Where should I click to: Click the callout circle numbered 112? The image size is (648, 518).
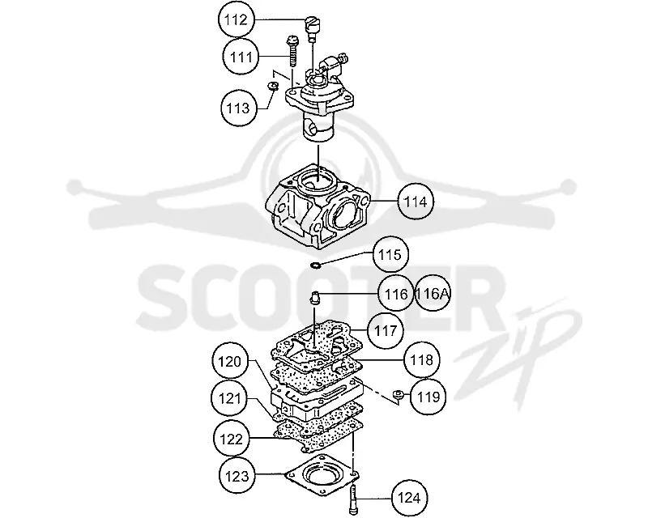click(236, 19)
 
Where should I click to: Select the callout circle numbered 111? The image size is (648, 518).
click(241, 56)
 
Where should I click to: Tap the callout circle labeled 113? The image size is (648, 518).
click(238, 108)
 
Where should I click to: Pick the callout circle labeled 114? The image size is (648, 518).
click(416, 202)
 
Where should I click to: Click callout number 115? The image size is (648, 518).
click(390, 254)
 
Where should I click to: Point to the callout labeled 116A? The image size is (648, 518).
click(432, 294)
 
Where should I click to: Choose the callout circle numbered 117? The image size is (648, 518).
click(386, 330)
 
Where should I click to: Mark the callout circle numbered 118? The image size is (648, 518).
click(421, 359)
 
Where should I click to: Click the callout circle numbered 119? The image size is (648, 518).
click(428, 397)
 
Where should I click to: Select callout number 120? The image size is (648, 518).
click(230, 362)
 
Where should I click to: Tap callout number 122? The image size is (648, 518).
click(232, 439)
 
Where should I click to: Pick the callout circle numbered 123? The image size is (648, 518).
click(237, 476)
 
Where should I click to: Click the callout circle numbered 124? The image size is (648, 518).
click(409, 498)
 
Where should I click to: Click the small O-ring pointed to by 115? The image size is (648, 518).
click(315, 265)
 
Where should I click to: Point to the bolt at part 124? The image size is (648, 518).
click(352, 500)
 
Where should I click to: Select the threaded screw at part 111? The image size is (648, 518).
click(292, 51)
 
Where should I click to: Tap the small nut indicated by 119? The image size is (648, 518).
click(399, 394)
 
